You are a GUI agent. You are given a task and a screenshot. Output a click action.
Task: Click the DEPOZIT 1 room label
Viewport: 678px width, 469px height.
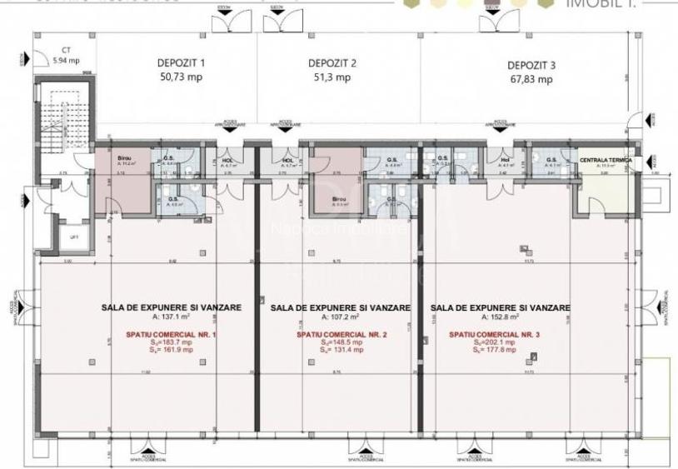pyautogui.click(x=181, y=62)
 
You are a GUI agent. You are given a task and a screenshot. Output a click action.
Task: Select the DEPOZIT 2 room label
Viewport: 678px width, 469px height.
pyautogui.click(x=332, y=63)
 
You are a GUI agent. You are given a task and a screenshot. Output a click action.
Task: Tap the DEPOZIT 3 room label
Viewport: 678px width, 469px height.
pyautogui.click(x=531, y=65)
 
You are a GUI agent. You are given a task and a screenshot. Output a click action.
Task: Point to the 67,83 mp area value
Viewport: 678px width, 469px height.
pyautogui.click(x=531, y=80)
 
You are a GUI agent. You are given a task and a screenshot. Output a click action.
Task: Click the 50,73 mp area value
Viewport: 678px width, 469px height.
pyautogui.click(x=181, y=77)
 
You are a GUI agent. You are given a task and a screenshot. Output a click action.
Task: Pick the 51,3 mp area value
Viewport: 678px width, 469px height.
pyautogui.click(x=332, y=78)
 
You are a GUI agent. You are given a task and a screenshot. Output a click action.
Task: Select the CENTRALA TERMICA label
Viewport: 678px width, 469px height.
pyautogui.click(x=606, y=159)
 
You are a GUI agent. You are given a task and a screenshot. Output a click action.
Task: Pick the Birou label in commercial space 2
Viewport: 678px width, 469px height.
pyautogui.click(x=339, y=199)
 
